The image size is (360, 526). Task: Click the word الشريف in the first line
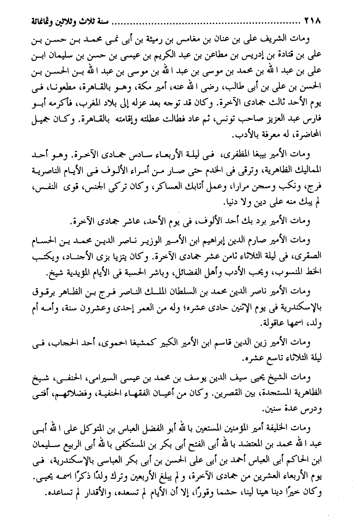click(x=278, y=39)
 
